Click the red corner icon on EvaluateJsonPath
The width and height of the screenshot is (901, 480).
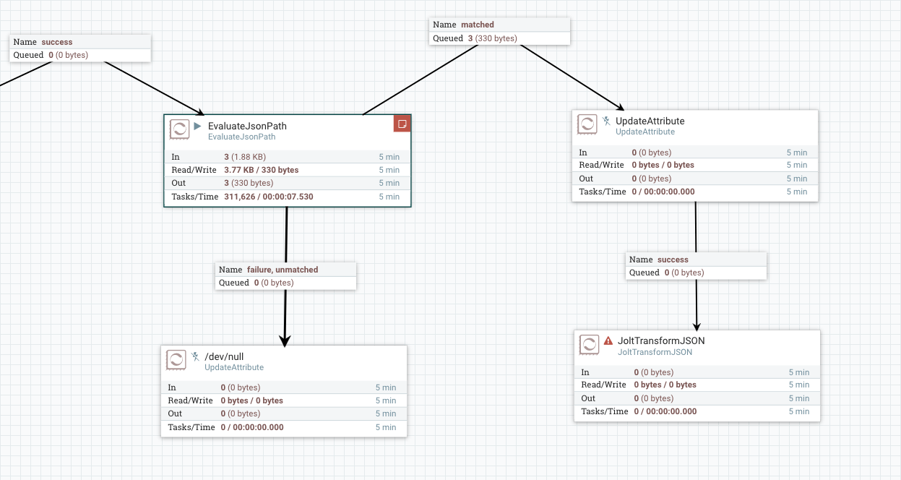402,124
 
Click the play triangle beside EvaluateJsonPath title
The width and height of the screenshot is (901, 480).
197,126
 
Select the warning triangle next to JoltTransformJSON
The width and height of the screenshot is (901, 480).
608,340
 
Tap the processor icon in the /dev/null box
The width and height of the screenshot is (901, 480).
176,359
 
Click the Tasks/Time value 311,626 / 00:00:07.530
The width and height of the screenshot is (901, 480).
269,197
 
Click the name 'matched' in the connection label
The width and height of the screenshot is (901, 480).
478,25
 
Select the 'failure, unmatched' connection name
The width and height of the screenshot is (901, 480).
283,270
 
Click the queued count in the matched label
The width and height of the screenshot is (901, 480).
470,38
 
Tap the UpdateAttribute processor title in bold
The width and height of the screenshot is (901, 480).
650,121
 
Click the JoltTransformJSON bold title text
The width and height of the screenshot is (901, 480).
661,340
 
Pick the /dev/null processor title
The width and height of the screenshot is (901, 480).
219,356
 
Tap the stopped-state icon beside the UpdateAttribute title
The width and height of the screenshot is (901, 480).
606,121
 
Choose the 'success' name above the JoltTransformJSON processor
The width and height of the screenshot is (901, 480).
673,260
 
